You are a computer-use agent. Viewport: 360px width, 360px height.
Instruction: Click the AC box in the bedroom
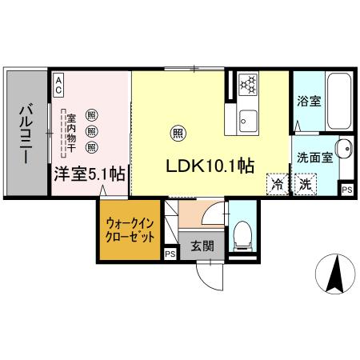coord(59,80)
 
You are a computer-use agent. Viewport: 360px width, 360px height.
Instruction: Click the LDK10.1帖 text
coord(210,166)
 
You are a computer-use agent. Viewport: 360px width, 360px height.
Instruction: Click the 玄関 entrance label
coord(202,246)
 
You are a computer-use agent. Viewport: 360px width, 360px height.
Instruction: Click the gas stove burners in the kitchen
coord(248,82)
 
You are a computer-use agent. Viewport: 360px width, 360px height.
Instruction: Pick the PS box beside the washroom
coord(346,190)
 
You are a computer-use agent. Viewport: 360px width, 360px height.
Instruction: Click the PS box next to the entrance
coord(170,254)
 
